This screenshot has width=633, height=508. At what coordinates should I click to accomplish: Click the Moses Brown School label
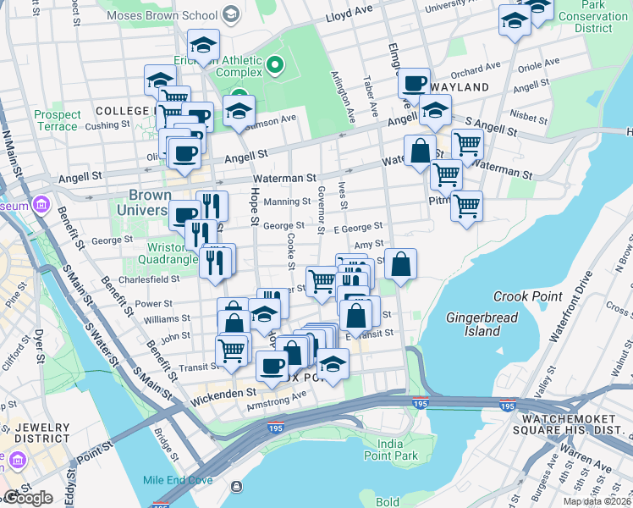click(x=164, y=16)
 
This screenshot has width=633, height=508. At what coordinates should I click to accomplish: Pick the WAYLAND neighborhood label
click(x=460, y=87)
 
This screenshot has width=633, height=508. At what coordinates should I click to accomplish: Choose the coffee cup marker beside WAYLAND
click(x=414, y=83)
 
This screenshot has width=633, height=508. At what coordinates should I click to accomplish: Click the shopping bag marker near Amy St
click(x=401, y=263)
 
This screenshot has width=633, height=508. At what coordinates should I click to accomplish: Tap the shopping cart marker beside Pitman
click(x=466, y=206)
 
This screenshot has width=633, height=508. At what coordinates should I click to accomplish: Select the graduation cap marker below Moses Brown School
click(x=202, y=44)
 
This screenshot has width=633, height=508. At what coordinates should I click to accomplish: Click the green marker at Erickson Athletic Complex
click(x=274, y=64)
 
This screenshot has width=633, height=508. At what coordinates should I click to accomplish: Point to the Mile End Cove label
click(x=178, y=479)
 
